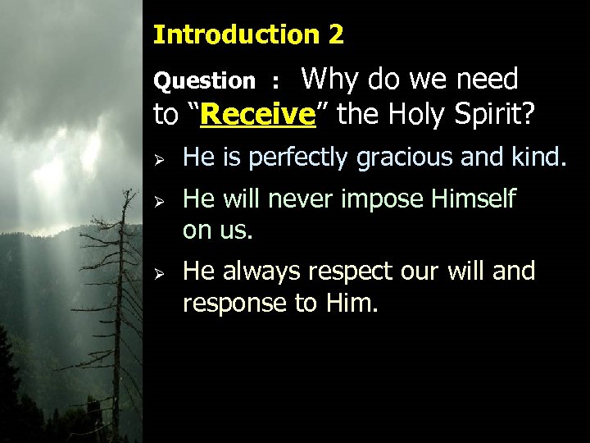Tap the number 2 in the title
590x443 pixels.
336,34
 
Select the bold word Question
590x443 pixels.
205,81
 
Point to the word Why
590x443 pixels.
332,80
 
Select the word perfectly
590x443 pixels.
298,157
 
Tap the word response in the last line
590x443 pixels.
234,304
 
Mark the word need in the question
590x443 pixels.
487,80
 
